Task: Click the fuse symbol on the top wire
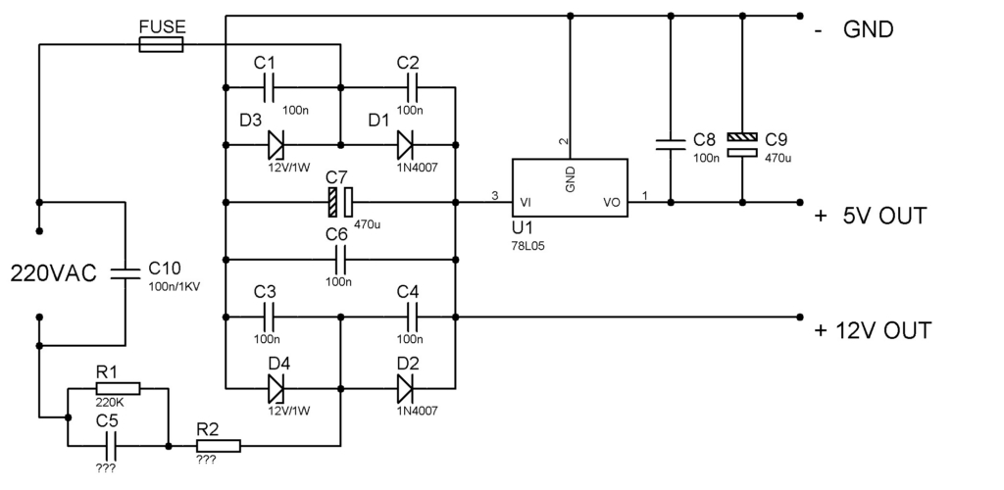pos(161,44)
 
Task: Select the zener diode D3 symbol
pos(276,145)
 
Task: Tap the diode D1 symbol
pos(405,145)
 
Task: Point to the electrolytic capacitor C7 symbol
pos(340,202)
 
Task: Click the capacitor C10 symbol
pos(125,273)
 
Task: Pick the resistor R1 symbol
pos(118,388)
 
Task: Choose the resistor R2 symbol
pos(219,446)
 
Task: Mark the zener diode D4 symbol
pos(276,388)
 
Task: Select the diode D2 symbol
pos(405,388)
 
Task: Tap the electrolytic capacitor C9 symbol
pos(742,145)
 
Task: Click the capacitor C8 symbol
pos(671,145)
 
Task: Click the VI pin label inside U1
pos(526,203)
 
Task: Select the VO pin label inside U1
pos(611,203)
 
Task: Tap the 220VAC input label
pos(54,273)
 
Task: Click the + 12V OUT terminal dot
pos(800,317)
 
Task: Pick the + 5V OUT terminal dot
pos(800,202)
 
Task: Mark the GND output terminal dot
pos(800,16)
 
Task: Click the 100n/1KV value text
pos(175,287)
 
